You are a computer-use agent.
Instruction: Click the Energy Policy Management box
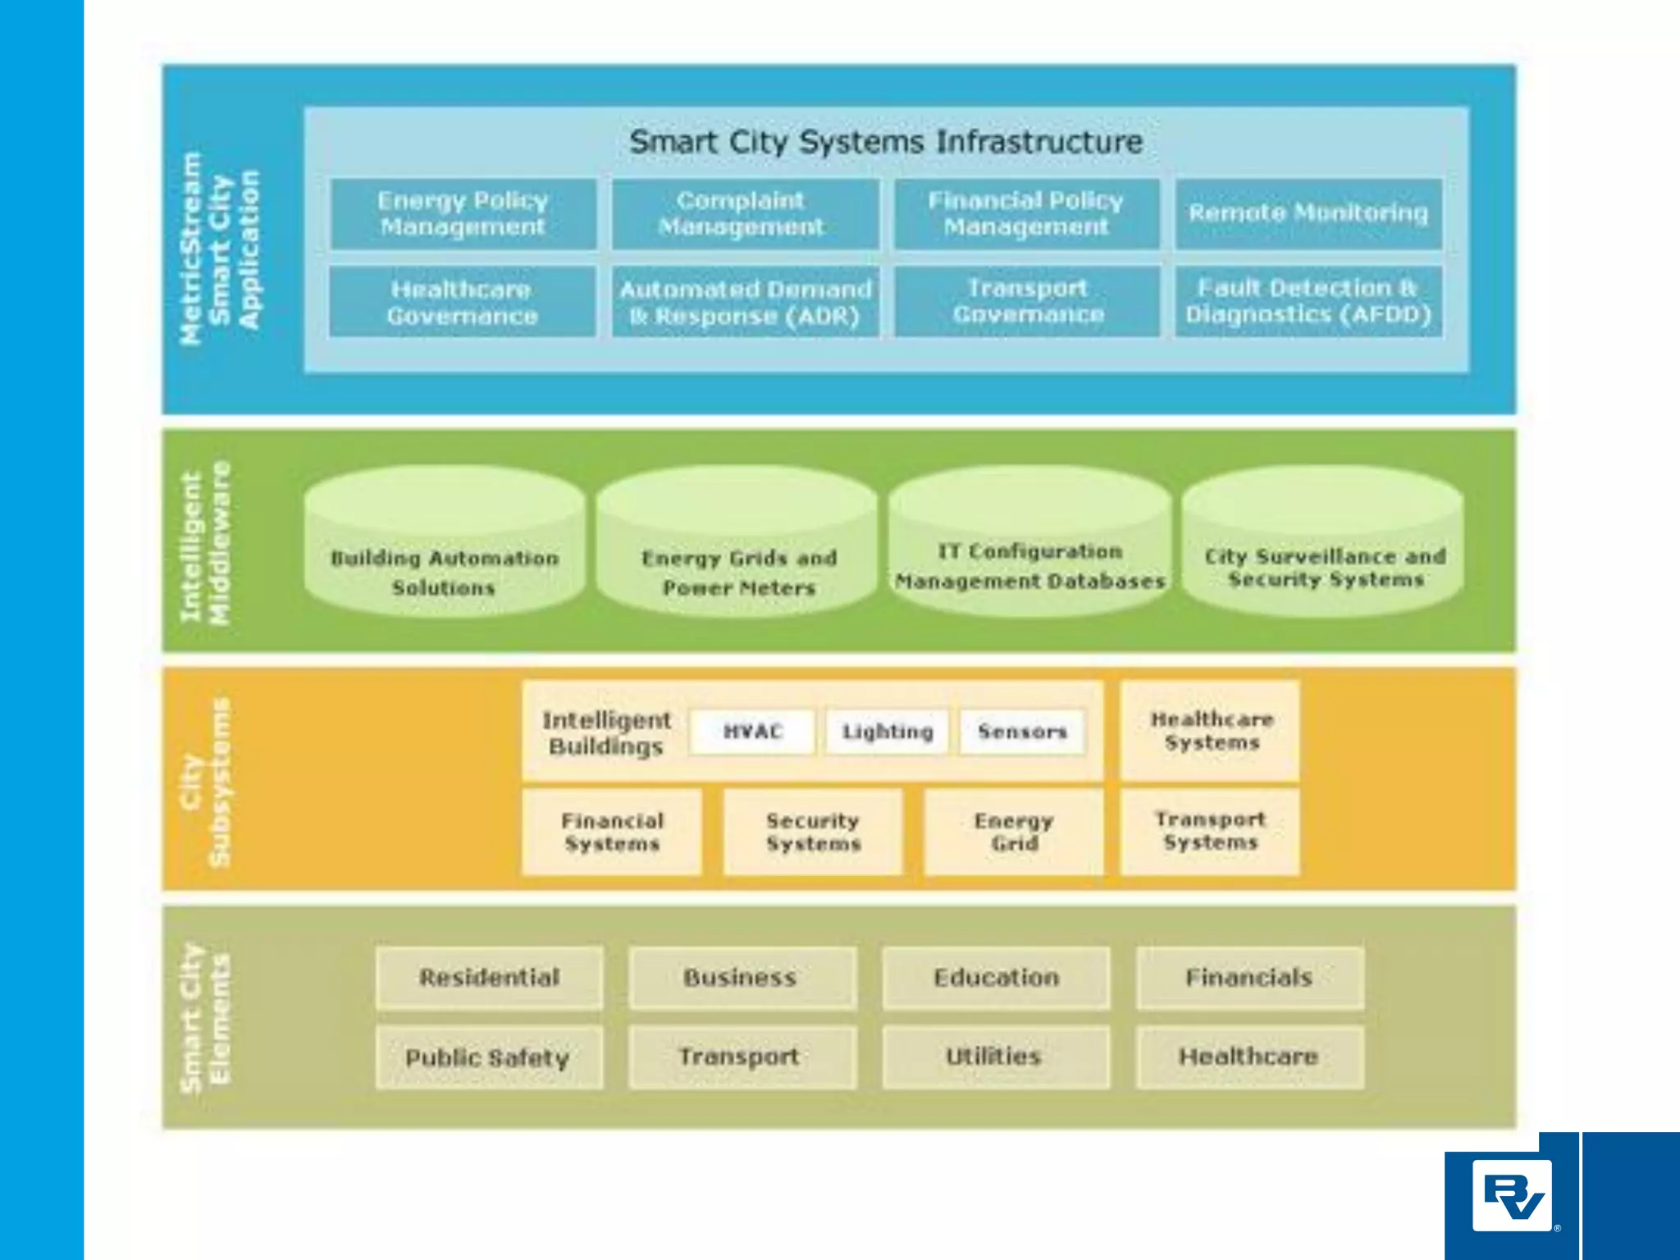coord(463,213)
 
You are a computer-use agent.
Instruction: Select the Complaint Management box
coord(744,213)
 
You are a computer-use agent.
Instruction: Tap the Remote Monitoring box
coord(1308,213)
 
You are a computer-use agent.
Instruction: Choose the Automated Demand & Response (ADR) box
coord(744,302)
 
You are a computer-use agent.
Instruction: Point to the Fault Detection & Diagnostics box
coord(1308,301)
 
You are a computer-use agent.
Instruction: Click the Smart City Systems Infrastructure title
coord(886,142)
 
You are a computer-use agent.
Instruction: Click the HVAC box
coord(752,731)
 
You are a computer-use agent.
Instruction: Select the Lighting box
coord(888,731)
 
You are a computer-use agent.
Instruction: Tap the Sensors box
coord(1022,731)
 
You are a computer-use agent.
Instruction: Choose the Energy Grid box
coord(1013,832)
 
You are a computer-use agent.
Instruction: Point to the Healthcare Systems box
coord(1211,730)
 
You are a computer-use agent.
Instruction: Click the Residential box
coord(490,977)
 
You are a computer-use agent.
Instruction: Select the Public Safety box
coord(488,1057)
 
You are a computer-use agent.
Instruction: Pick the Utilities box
coord(994,1057)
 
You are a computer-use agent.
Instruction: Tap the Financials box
coord(1249,977)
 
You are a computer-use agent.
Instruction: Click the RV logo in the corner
coord(1512,1195)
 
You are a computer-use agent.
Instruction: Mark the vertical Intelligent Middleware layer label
coord(205,543)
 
